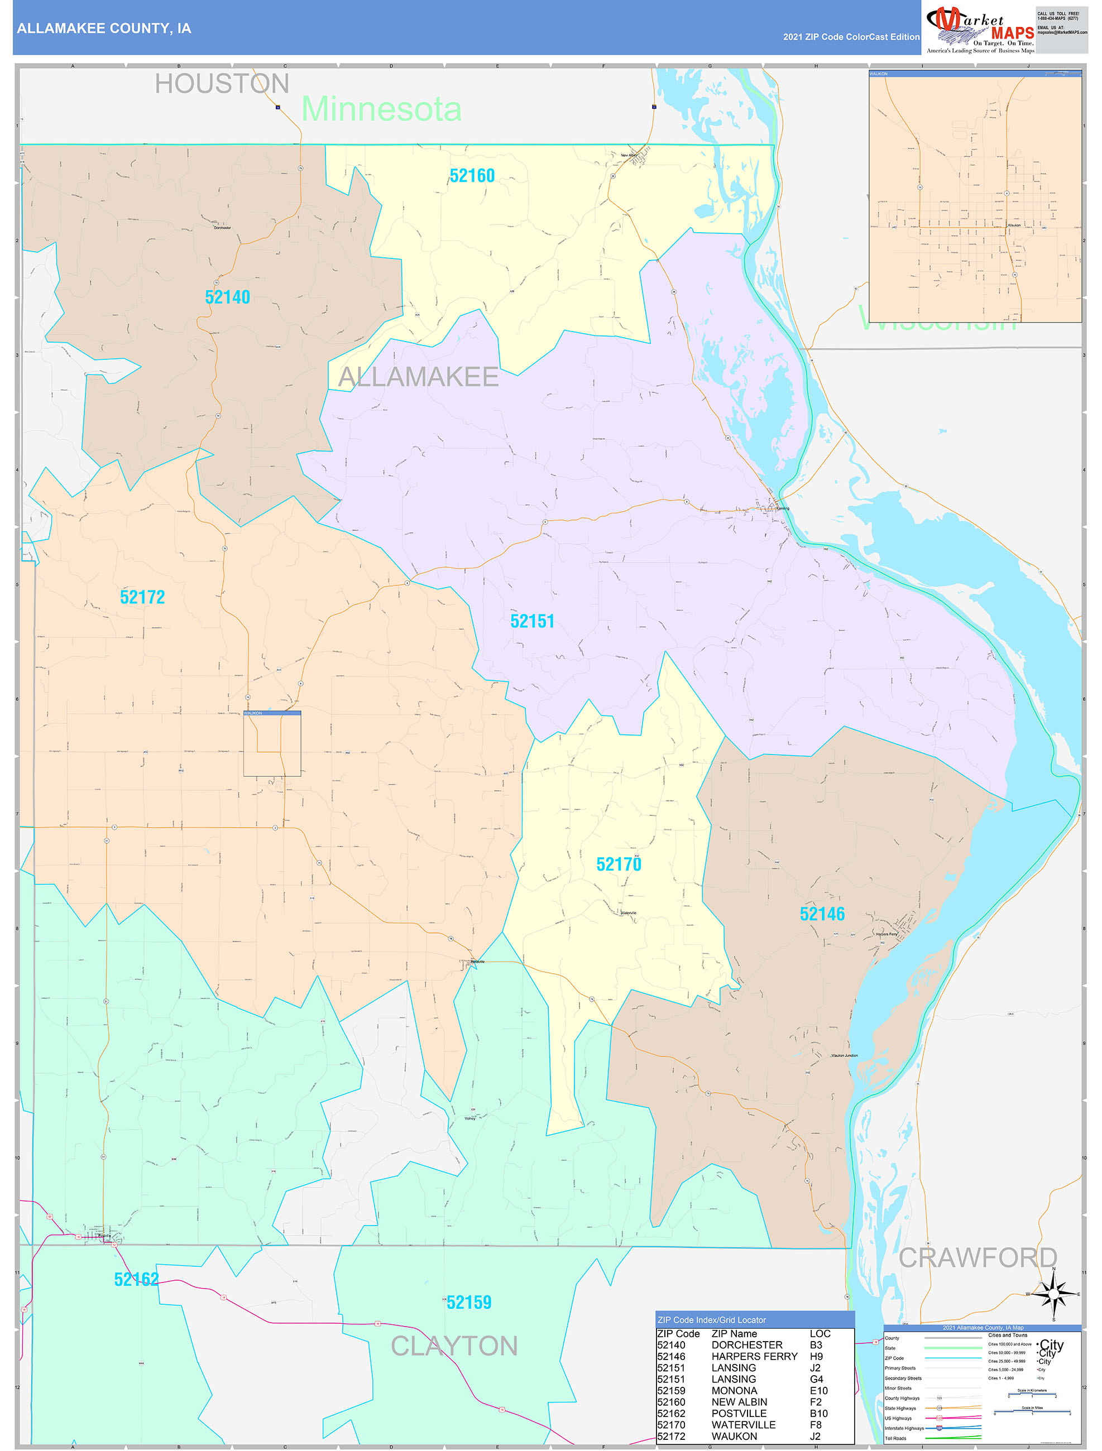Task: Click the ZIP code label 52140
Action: (227, 297)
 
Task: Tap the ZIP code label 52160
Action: (472, 176)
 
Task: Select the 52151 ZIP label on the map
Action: (532, 621)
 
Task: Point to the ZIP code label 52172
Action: (142, 597)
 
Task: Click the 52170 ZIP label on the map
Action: (619, 864)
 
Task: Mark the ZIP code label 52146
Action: (822, 914)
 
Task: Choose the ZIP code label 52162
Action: (137, 1279)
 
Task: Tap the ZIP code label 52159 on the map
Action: (468, 1302)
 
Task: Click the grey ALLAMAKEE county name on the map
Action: (418, 377)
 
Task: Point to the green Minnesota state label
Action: (381, 109)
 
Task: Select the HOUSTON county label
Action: (222, 84)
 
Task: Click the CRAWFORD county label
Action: (978, 1257)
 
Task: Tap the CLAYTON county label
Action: (454, 1346)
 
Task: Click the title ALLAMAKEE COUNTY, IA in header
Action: (104, 28)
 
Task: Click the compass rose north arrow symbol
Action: (1053, 1294)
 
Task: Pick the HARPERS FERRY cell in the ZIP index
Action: (754, 1357)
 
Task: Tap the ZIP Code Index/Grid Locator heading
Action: (711, 1320)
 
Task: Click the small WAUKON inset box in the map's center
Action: (272, 743)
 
